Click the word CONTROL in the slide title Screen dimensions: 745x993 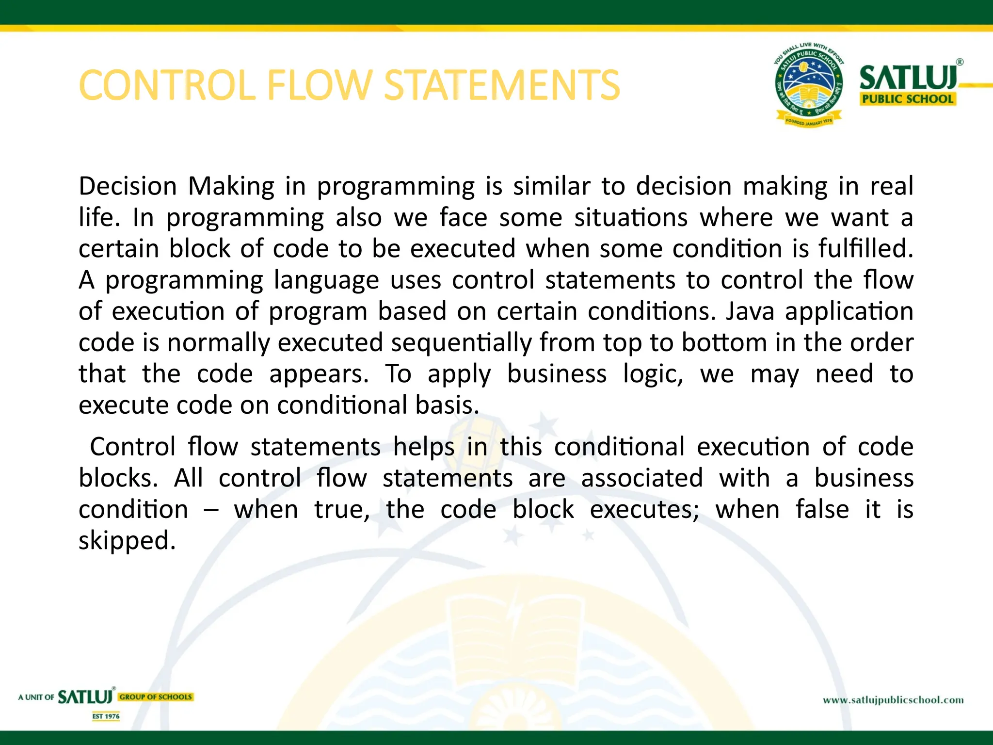pyautogui.click(x=167, y=85)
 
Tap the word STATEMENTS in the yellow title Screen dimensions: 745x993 pyautogui.click(x=502, y=85)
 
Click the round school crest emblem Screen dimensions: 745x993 pyautogui.click(x=808, y=85)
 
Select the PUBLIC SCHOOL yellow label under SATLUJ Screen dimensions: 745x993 pyautogui.click(x=907, y=99)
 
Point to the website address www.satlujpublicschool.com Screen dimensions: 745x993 pyautogui.click(x=893, y=700)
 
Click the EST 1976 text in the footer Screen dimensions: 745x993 pyautogui.click(x=106, y=716)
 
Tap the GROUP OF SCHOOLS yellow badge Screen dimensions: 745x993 pyautogui.click(x=156, y=697)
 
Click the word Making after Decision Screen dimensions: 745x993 pyautogui.click(x=231, y=187)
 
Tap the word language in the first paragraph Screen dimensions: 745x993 pyautogui.click(x=326, y=280)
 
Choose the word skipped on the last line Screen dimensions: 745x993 pyautogui.click(x=127, y=540)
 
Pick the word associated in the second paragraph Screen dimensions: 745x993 pyautogui.click(x=641, y=478)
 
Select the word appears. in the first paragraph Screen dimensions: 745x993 pyautogui.click(x=319, y=374)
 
